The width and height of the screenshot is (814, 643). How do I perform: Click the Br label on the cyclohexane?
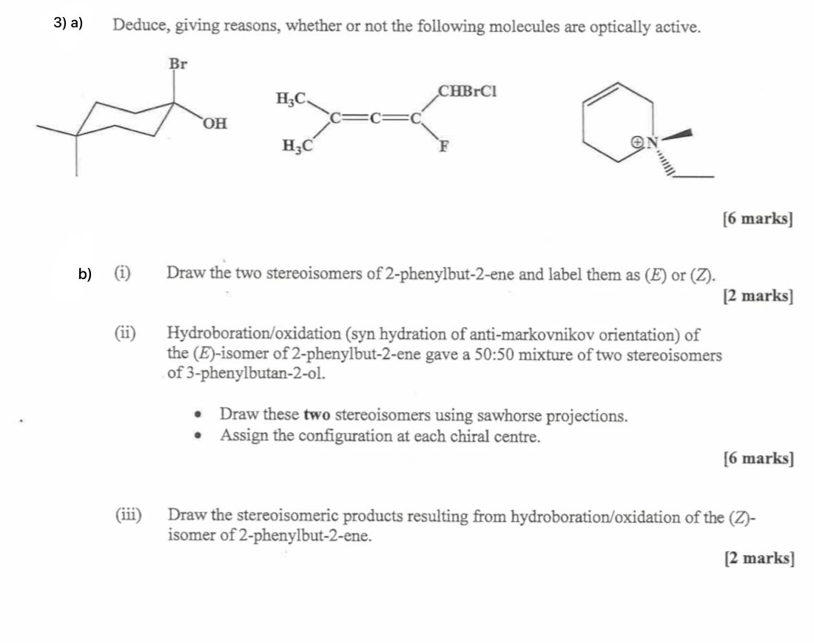(x=178, y=64)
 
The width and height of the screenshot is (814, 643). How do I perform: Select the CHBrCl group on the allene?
(x=468, y=92)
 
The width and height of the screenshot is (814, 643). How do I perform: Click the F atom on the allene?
(x=445, y=146)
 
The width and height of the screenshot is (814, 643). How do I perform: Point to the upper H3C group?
(x=290, y=98)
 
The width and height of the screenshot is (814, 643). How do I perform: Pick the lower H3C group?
(x=295, y=146)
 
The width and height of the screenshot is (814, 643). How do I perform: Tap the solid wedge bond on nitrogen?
(x=679, y=135)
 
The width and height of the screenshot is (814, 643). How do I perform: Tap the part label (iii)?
(x=129, y=514)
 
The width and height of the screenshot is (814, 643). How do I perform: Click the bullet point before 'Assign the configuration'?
(x=198, y=436)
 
